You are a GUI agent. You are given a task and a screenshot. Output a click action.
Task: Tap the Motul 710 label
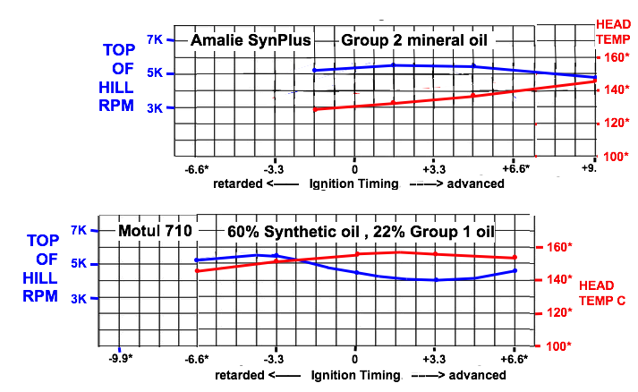click(155, 231)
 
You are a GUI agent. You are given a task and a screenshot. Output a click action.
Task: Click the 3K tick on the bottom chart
click(77, 297)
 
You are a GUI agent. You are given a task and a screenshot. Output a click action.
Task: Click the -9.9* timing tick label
click(119, 359)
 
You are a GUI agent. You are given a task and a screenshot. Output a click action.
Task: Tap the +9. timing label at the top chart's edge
click(588, 168)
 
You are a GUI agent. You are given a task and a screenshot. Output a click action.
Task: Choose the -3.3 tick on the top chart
click(274, 168)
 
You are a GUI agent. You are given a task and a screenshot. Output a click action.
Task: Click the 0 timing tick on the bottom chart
click(355, 359)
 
